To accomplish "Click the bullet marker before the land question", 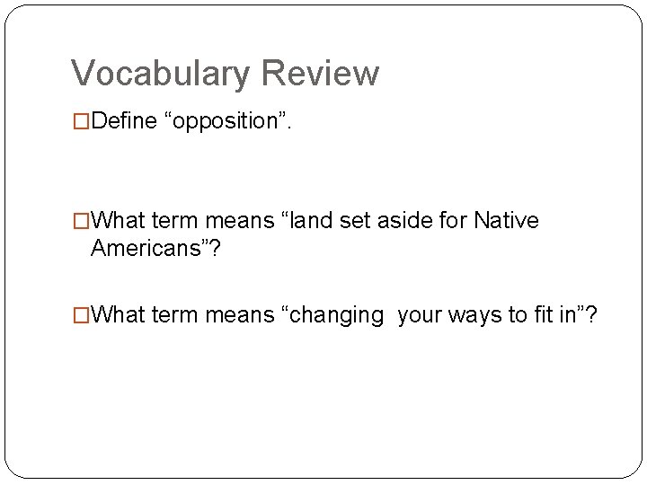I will pyautogui.click(x=82, y=221).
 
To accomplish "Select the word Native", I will pyautogui.click(x=509, y=221).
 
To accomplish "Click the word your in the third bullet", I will pyautogui.click(x=419, y=315).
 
